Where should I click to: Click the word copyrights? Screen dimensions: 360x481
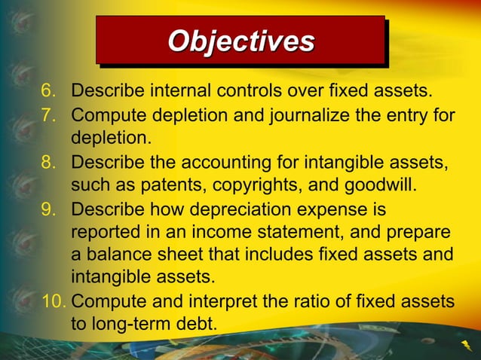(265, 184)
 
